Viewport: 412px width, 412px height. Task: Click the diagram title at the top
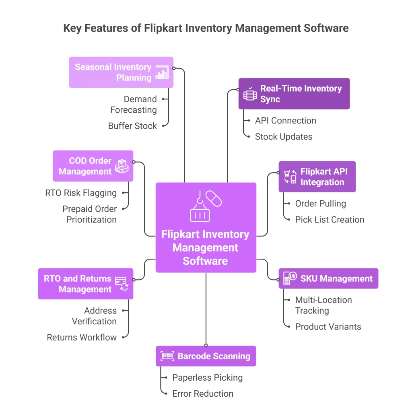(x=206, y=28)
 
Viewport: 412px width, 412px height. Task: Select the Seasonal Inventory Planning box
(x=121, y=72)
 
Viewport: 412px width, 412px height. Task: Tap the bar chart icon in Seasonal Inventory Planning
(x=162, y=72)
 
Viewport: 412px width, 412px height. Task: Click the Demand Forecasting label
(x=134, y=105)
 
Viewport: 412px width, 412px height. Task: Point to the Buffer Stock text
(x=132, y=126)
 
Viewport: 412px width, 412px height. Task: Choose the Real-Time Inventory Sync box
(x=294, y=94)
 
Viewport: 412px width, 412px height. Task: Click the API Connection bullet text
(x=285, y=121)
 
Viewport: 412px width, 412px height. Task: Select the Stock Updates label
(x=283, y=137)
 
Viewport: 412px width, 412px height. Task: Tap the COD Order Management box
(x=93, y=166)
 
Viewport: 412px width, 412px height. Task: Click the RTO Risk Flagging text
(x=81, y=193)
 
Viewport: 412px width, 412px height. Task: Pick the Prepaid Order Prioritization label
(x=89, y=214)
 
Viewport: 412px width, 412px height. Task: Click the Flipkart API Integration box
(x=317, y=177)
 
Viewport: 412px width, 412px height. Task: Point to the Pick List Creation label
(x=330, y=220)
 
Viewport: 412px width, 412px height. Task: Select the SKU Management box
(x=328, y=278)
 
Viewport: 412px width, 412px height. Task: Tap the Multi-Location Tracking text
(x=323, y=305)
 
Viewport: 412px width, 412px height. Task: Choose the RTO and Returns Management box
(x=85, y=284)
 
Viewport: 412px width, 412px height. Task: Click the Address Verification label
(x=94, y=316)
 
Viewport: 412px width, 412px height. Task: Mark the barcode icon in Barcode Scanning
(x=167, y=356)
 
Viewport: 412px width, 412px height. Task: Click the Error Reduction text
(x=203, y=393)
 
